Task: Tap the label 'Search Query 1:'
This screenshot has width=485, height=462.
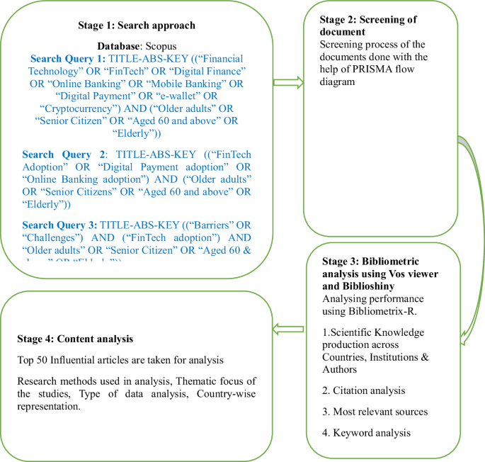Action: pyautogui.click(x=69, y=59)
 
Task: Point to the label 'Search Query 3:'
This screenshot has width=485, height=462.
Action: pyautogui.click(x=60, y=225)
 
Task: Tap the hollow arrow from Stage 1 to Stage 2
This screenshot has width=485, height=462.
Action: pyautogui.click(x=289, y=83)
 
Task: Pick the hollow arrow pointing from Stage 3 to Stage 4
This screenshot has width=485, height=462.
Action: pyautogui.click(x=290, y=327)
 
